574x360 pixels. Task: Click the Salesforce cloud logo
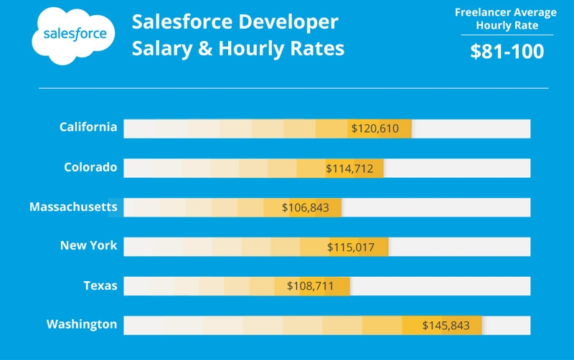74,34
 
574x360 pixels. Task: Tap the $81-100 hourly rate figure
507,52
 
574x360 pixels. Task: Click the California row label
88,127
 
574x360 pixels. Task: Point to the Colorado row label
90,167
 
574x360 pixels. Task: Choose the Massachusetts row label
73,207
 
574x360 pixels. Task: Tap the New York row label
88,246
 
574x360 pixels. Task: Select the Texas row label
100,285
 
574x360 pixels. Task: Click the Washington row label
82,324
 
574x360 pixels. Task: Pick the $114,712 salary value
349,169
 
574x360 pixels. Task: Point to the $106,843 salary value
305,207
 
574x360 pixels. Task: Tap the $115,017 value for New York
351,247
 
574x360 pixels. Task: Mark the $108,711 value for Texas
310,286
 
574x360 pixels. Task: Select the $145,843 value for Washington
446,326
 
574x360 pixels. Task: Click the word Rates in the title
318,49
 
